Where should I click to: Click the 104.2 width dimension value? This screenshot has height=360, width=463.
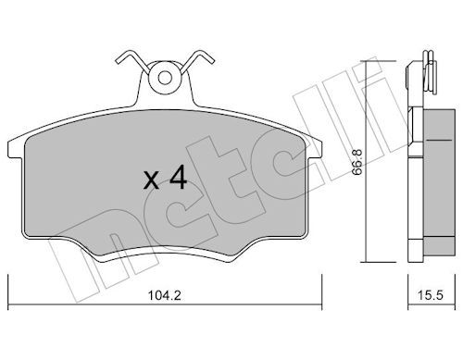[x=165, y=295]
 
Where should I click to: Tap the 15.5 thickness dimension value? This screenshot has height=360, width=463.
[x=431, y=295]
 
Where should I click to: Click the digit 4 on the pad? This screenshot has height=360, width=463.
[x=177, y=177]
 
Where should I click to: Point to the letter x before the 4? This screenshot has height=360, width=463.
[x=151, y=181]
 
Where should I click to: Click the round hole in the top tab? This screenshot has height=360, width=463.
[x=165, y=78]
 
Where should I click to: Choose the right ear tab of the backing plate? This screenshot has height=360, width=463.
[x=314, y=150]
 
